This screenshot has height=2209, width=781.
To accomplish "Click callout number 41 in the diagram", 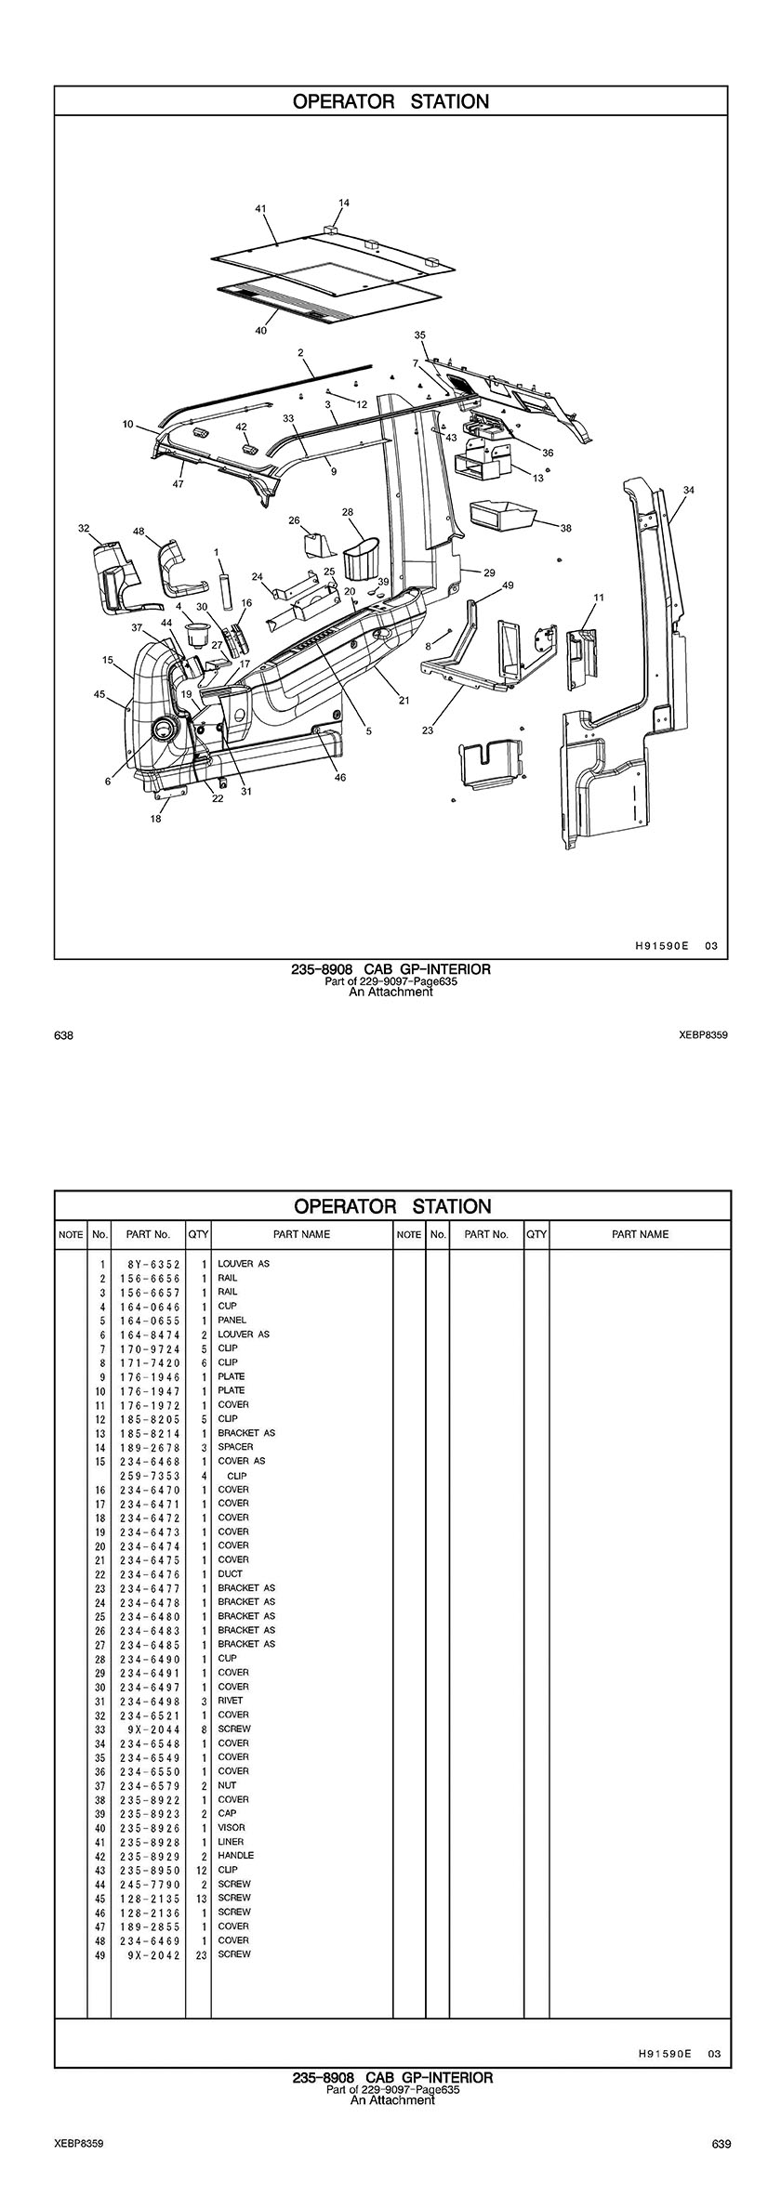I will [260, 208].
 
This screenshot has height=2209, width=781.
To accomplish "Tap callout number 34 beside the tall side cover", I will [688, 490].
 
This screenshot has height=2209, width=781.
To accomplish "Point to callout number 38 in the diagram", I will [566, 528].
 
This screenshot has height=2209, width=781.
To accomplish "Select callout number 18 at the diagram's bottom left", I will [155, 819].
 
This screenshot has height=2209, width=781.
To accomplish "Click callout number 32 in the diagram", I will [84, 529].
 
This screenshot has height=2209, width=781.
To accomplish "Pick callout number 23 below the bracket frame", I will [428, 730].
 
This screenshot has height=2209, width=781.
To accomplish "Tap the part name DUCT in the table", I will [230, 1573].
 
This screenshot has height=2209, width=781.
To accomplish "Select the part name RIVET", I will [231, 1701].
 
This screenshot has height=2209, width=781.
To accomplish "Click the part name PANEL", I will [232, 1320].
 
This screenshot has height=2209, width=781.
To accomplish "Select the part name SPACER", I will [235, 1447].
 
